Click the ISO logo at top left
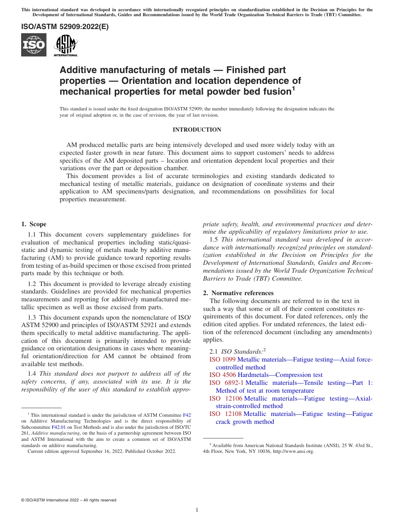(x=34, y=45)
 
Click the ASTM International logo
(x=66, y=45)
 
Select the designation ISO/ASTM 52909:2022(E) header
(x=65, y=27)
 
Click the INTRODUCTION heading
(x=197, y=130)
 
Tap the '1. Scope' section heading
(x=34, y=224)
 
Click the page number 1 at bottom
(x=197, y=510)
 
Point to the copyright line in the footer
(x=68, y=500)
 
